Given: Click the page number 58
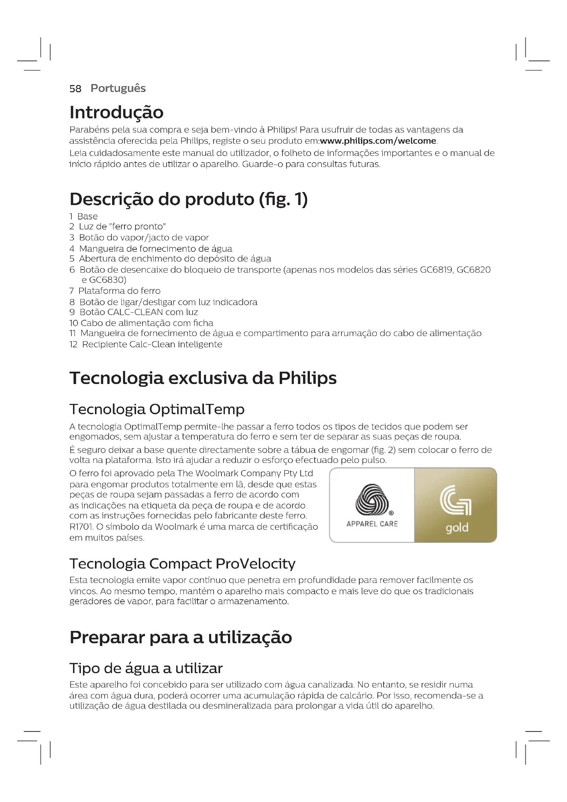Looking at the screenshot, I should pyautogui.click(x=75, y=89).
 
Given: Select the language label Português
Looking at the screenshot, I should pyautogui.click(x=118, y=88).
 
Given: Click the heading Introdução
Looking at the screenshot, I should pyautogui.click(x=116, y=112).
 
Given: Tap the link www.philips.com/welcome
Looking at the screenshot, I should pyautogui.click(x=378, y=141).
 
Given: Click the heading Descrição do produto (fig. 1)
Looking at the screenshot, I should pyautogui.click(x=189, y=199).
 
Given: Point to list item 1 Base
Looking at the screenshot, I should pyautogui.click(x=83, y=216).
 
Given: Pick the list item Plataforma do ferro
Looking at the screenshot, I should pyautogui.click(x=119, y=291).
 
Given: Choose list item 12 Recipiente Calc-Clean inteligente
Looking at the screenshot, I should pyautogui.click(x=146, y=344).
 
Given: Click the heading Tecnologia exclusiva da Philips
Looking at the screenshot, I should pyautogui.click(x=203, y=378).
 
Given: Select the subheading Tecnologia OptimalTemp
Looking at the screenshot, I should pyautogui.click(x=157, y=409).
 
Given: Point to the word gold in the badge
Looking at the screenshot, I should pyautogui.click(x=457, y=527).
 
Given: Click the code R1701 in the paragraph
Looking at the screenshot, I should pyautogui.click(x=79, y=527).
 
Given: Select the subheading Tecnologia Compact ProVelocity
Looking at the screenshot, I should pyautogui.click(x=182, y=564).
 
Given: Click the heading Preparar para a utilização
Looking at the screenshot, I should pyautogui.click(x=181, y=637).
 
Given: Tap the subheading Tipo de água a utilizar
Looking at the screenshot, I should pyautogui.click(x=146, y=668).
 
